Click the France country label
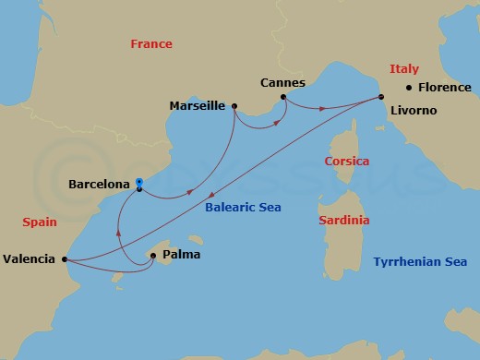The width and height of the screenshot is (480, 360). pyautogui.click(x=151, y=43)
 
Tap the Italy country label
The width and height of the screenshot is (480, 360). pyautogui.click(x=404, y=68)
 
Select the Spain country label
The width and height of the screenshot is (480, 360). pyautogui.click(x=40, y=222)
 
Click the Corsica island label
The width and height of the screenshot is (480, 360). pyautogui.click(x=347, y=162)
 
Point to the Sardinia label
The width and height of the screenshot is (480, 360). pyautogui.click(x=343, y=221)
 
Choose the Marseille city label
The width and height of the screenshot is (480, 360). pyautogui.click(x=198, y=106)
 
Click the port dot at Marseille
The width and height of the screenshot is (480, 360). pyautogui.click(x=234, y=107)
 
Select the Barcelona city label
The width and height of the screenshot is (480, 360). pyautogui.click(x=100, y=184)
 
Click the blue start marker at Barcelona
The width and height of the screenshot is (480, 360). pyautogui.click(x=138, y=183)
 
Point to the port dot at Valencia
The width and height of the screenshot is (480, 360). pyautogui.click(x=64, y=259)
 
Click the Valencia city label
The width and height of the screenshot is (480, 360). pyautogui.click(x=30, y=260)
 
